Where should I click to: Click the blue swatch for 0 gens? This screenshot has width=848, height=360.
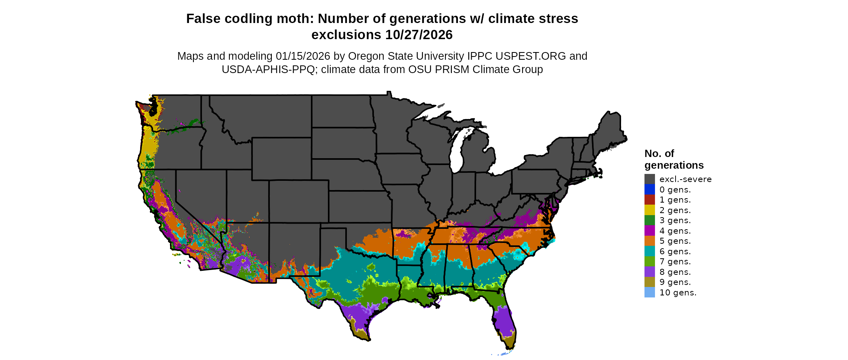[x=649, y=189]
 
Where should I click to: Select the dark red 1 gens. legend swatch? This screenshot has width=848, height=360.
[x=649, y=200]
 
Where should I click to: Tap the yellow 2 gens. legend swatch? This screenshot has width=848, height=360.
[x=649, y=210]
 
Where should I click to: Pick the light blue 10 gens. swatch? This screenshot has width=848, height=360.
[x=649, y=293]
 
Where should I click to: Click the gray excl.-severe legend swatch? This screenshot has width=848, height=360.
[x=649, y=179]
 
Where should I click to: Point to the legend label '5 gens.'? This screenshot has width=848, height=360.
[x=675, y=241]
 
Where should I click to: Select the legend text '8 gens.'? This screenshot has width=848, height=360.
[x=675, y=272]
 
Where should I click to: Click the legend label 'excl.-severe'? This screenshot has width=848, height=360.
[x=685, y=179]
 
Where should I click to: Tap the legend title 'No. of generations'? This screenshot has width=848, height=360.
[x=674, y=159]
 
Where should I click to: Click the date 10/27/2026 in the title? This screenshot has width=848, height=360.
[x=419, y=35]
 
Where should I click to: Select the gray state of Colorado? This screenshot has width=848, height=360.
[x=298, y=201]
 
